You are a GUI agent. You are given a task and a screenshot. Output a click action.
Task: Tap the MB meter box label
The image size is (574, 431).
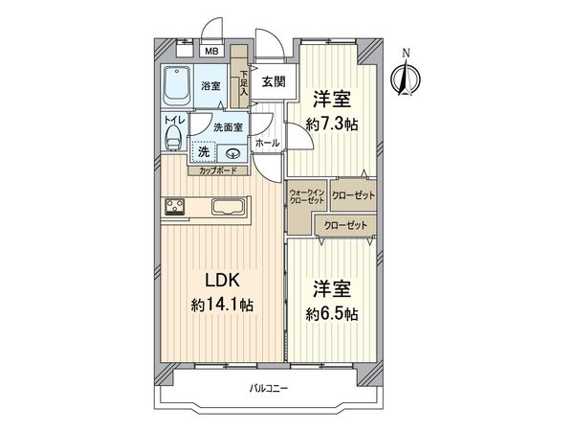point(211,51)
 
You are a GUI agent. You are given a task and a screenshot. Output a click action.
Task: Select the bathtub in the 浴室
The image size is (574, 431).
point(177,89)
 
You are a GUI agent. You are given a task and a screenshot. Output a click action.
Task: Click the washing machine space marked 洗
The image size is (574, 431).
point(204,151)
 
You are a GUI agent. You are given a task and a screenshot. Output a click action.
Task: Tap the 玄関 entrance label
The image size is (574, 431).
point(273,82)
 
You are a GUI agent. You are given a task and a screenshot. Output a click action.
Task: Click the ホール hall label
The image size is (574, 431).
point(268,144)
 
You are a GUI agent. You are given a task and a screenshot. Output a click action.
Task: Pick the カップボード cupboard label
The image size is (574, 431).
point(219,171)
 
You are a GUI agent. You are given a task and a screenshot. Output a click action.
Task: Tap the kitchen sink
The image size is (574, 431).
point(228,207)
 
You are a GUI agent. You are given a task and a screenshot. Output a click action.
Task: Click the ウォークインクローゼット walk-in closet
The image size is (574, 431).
point(307,198)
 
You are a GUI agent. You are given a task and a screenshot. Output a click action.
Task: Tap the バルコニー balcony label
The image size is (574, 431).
point(270,388)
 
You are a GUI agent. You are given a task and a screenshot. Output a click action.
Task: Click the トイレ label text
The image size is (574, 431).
point(173,121)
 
